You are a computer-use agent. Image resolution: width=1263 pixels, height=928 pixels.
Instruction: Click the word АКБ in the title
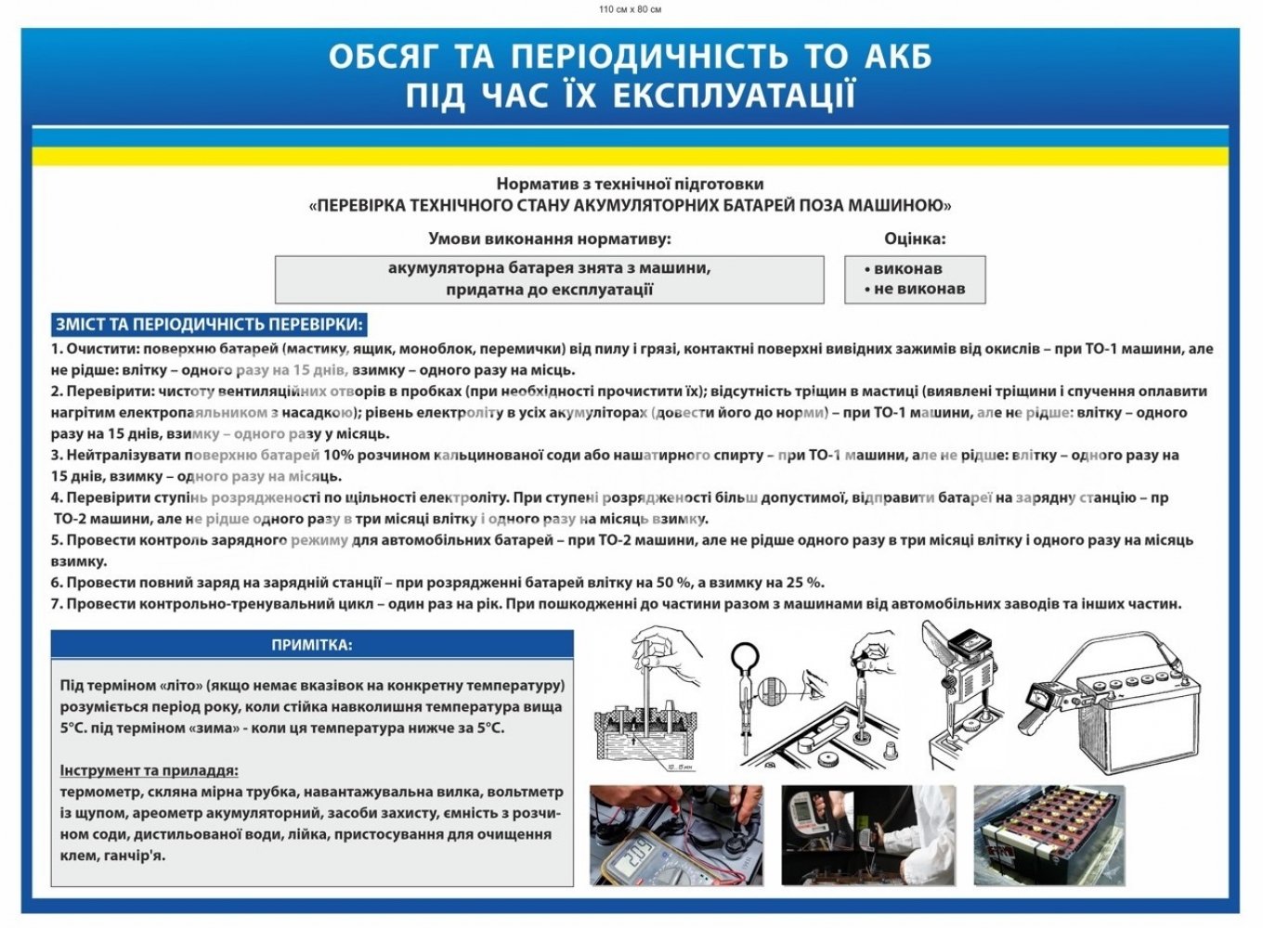pyautogui.click(x=897, y=57)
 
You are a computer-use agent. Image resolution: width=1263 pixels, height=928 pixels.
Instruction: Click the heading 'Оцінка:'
pyautogui.click(x=914, y=238)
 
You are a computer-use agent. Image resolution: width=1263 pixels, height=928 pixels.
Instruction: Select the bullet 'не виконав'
pyautogui.click(x=918, y=289)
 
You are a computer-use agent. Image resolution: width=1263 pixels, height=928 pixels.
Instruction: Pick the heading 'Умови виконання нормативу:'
pyautogui.click(x=549, y=238)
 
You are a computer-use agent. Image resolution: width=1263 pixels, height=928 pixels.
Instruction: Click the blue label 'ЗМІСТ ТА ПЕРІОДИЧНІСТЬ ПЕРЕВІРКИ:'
pyautogui.click(x=208, y=325)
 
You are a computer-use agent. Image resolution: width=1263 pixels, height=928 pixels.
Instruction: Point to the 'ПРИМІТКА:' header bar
pyautogui.click(x=312, y=645)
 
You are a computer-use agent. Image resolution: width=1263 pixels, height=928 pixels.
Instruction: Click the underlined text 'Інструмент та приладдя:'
pyautogui.click(x=149, y=770)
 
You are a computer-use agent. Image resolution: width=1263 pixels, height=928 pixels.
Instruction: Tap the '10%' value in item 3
pyautogui.click(x=339, y=455)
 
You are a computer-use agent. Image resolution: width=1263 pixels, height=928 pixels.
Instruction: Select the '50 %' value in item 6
pyautogui.click(x=673, y=583)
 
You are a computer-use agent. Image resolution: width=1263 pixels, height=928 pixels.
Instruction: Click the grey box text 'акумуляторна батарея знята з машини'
pyautogui.click(x=549, y=268)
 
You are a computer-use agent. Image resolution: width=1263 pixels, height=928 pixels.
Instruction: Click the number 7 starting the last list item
pyautogui.click(x=56, y=604)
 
